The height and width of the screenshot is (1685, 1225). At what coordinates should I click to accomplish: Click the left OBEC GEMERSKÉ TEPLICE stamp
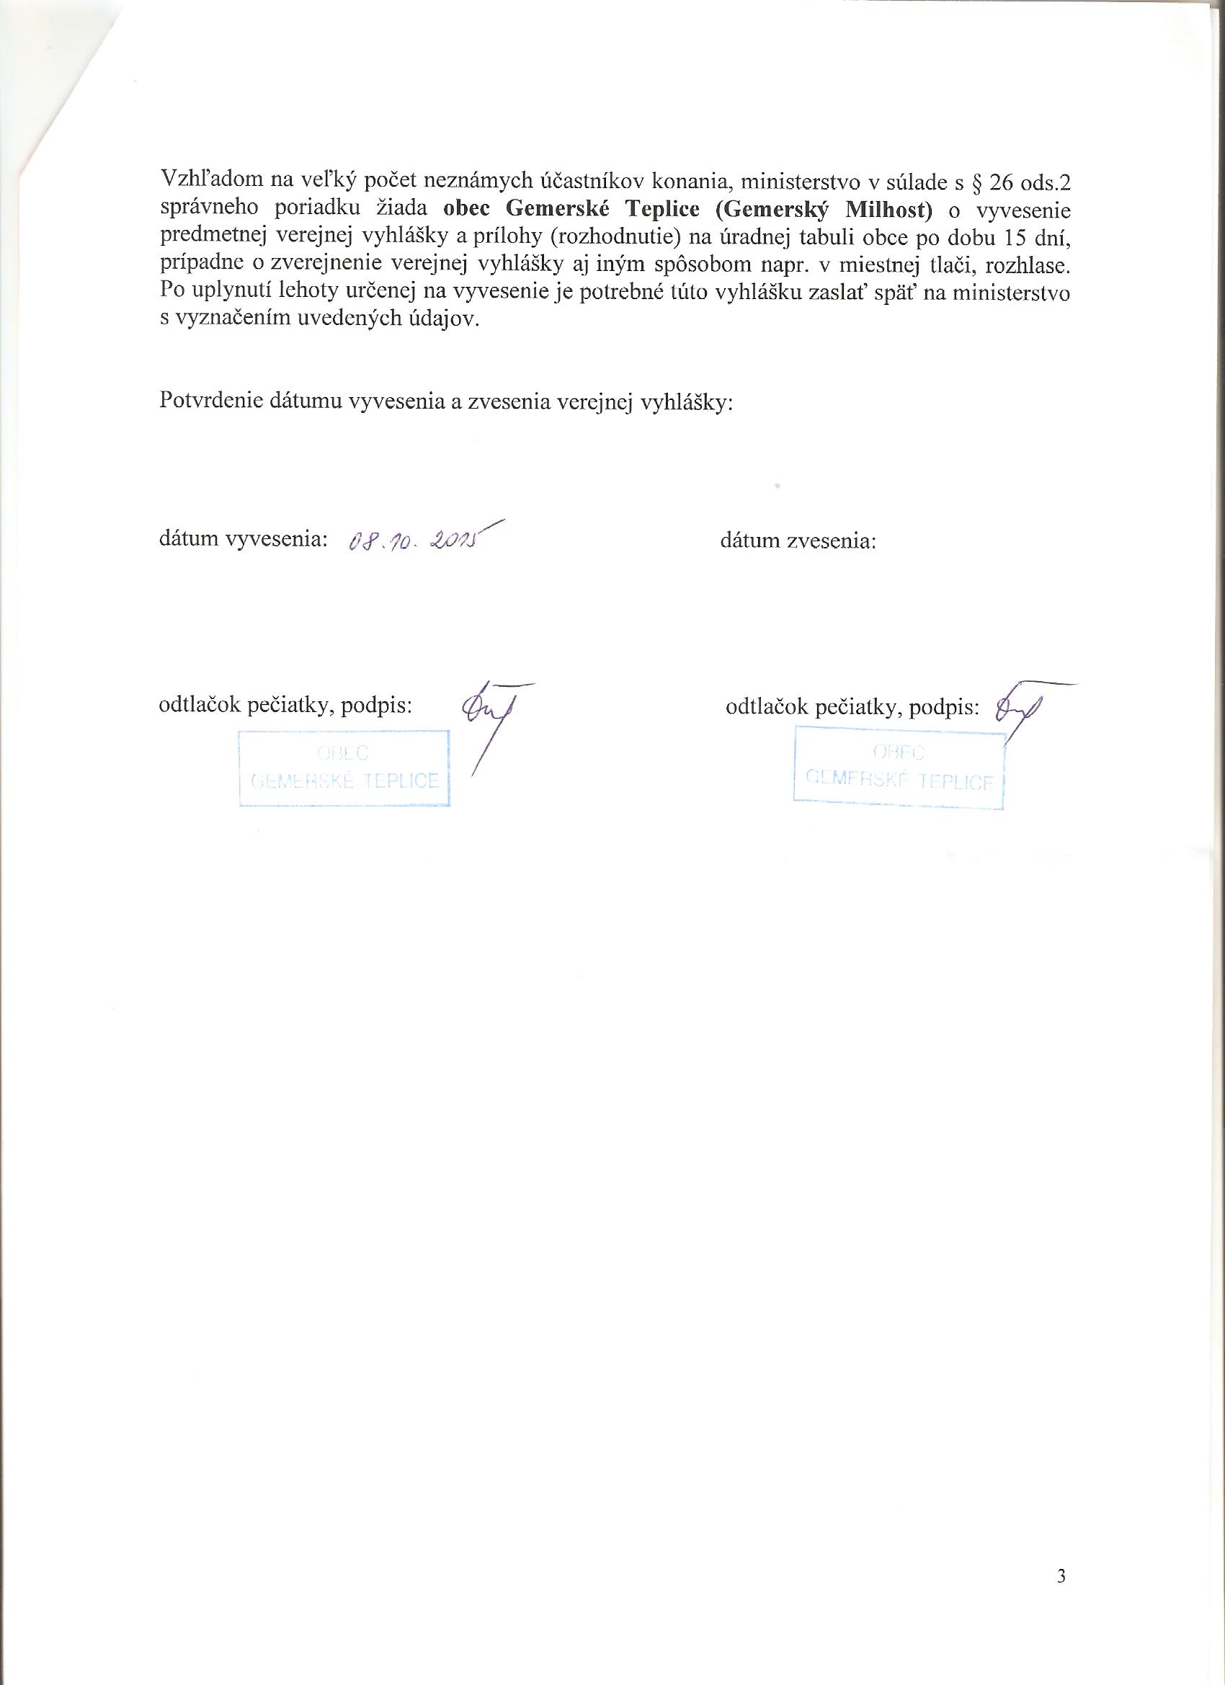(x=344, y=768)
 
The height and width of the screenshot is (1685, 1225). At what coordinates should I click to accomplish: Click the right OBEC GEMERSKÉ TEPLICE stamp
(x=899, y=768)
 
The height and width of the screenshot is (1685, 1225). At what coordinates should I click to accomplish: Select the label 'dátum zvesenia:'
(x=798, y=541)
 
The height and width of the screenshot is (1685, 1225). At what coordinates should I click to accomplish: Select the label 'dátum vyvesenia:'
(x=244, y=540)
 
